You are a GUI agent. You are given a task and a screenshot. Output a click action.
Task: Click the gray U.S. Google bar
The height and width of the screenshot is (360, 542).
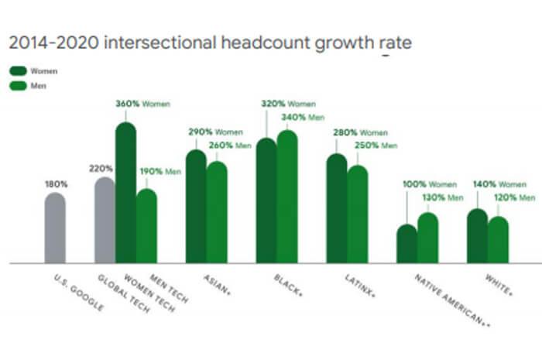click(x=55, y=228)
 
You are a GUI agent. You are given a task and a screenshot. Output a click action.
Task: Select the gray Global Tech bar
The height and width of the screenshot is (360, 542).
click(x=105, y=221)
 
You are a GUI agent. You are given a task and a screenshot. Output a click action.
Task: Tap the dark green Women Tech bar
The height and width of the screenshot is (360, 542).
click(x=125, y=194)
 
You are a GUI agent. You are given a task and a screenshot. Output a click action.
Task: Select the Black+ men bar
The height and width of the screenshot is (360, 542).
click(x=287, y=197)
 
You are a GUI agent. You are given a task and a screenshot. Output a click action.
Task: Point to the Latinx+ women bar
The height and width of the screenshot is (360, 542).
click(x=337, y=209)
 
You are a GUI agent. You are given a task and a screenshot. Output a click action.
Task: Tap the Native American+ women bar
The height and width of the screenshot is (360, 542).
click(x=406, y=244)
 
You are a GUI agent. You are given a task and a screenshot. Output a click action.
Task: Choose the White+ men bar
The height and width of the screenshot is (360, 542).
click(x=499, y=240)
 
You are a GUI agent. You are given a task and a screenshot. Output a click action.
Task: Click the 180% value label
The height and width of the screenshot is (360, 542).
click(x=57, y=184)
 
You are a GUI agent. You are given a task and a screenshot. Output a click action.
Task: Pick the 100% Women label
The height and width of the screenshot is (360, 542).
click(x=429, y=184)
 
